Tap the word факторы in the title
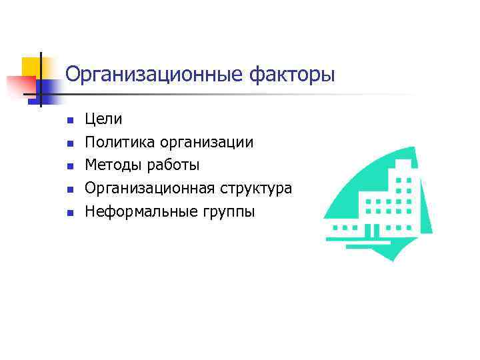click(291, 74)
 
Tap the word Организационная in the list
click(148, 189)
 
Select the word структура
click(254, 189)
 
